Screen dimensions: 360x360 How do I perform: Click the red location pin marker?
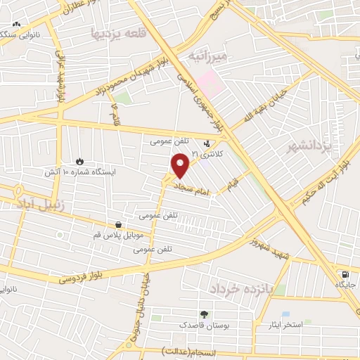(x=181, y=166)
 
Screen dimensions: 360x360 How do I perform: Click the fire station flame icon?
(x=79, y=161)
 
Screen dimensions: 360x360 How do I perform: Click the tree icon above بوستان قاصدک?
(x=205, y=314)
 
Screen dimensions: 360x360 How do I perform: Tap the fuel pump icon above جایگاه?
(x=344, y=275)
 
